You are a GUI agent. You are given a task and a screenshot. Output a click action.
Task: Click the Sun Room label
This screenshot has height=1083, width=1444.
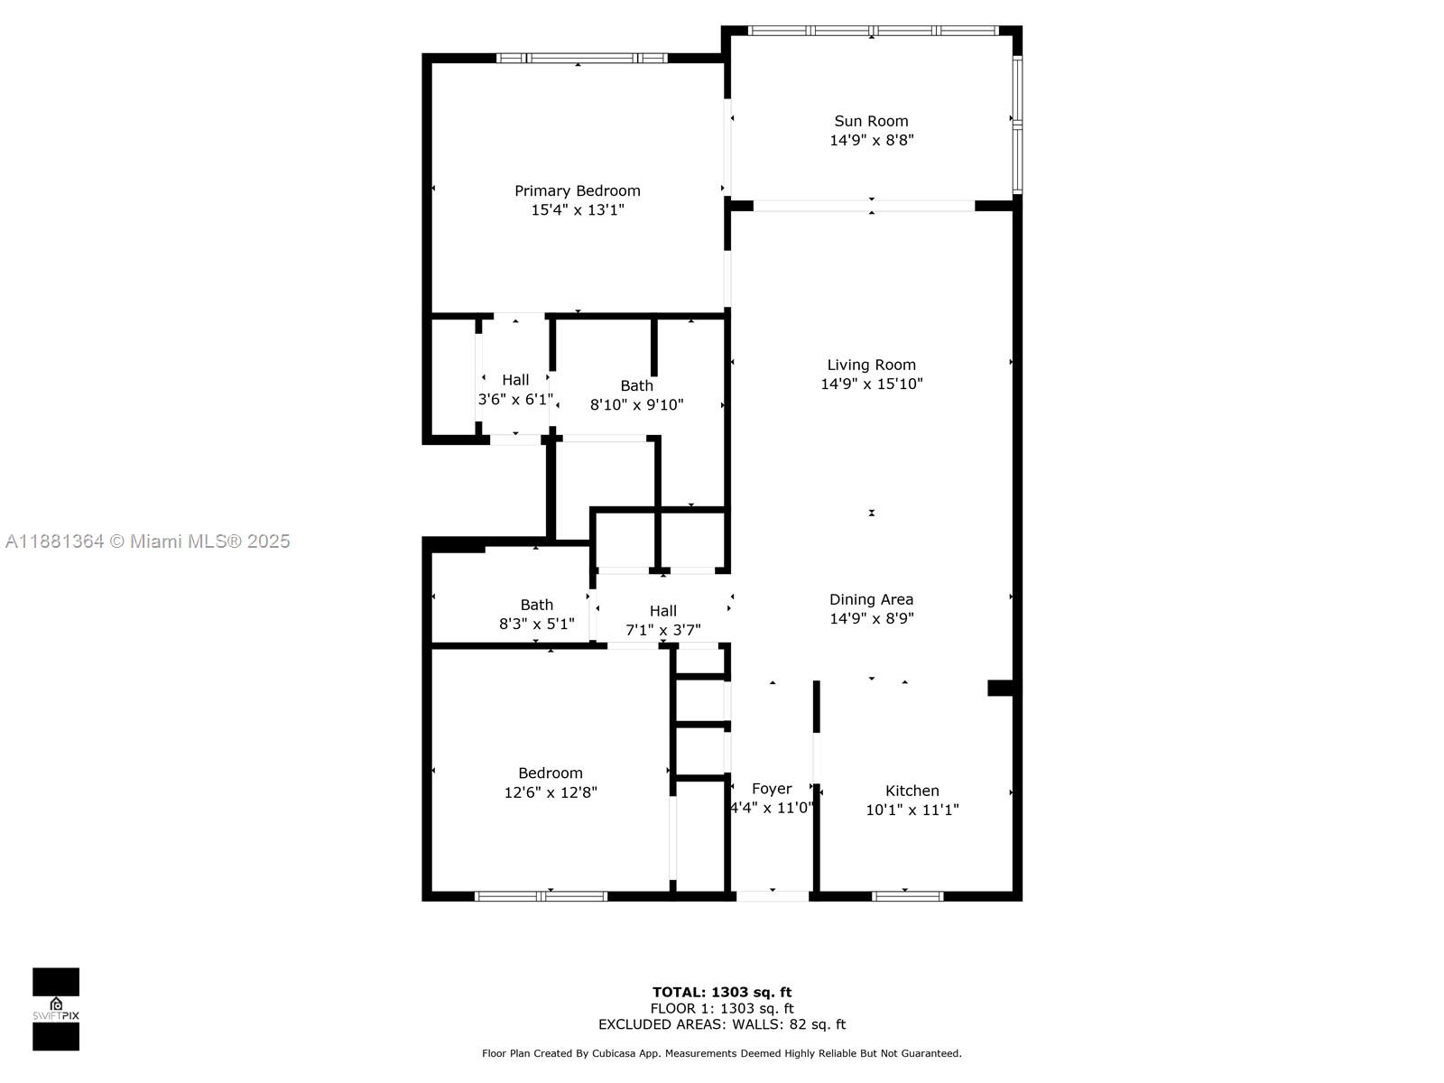[871, 121]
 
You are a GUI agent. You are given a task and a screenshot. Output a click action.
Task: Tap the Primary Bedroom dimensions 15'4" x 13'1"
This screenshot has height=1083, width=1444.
[578, 210]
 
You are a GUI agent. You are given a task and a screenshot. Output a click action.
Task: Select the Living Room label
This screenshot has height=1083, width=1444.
[871, 365]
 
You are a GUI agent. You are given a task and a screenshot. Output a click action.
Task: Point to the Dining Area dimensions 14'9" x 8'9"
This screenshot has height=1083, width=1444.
[871, 619]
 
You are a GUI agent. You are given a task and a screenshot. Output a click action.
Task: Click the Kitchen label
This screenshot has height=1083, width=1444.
[912, 791]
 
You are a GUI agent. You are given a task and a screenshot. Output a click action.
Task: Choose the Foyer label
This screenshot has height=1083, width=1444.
[772, 789]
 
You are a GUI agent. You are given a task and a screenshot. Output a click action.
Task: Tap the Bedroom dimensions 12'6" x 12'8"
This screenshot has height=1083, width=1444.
[551, 792]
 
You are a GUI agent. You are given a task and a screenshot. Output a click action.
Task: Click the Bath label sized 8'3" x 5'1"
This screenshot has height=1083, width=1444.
[536, 605]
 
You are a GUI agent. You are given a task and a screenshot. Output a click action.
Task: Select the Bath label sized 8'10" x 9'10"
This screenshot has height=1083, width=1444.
[636, 385]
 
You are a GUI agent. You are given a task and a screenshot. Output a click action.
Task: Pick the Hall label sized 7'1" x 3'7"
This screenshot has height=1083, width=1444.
[662, 611]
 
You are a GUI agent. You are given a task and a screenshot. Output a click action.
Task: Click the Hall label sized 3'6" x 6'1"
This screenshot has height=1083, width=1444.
[515, 380]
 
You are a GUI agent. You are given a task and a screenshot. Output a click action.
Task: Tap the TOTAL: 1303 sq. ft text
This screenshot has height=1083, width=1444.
[722, 993]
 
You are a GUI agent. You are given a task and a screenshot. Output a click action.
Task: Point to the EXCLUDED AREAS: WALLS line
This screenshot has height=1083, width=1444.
[722, 1024]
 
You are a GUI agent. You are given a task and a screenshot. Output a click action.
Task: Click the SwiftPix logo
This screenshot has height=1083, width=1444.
[56, 1009]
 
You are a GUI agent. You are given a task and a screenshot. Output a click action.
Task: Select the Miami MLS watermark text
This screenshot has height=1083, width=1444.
[147, 541]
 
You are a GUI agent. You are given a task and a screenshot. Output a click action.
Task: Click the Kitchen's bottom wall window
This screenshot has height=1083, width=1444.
[907, 896]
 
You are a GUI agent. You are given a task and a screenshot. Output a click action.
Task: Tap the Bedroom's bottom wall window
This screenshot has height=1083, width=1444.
[541, 896]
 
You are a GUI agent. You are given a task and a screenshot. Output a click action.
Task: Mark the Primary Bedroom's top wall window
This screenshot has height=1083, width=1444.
[581, 59]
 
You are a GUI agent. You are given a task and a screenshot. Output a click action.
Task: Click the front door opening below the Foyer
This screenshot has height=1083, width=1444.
[773, 896]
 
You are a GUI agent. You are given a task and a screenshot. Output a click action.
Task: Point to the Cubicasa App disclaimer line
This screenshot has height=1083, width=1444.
[722, 1053]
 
